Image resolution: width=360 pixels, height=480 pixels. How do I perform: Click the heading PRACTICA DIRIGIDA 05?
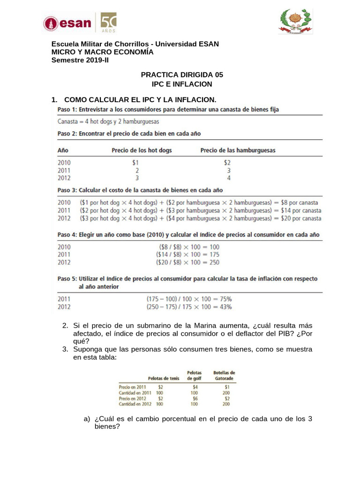pos(182,75)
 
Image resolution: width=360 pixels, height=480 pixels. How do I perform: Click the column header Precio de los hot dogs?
pos(142,150)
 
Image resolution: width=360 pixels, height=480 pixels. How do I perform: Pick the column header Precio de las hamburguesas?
pos(238,150)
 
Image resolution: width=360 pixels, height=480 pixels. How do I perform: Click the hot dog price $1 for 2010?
pos(136,162)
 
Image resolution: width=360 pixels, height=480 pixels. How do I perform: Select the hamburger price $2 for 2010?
pos(227,162)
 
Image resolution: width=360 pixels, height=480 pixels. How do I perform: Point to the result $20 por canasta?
pos(301,218)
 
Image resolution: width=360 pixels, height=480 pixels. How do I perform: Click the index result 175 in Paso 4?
pos(213,255)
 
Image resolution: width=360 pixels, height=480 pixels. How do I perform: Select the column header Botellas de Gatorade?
pos(224,375)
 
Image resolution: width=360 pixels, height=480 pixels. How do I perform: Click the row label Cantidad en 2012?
pos(135,404)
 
